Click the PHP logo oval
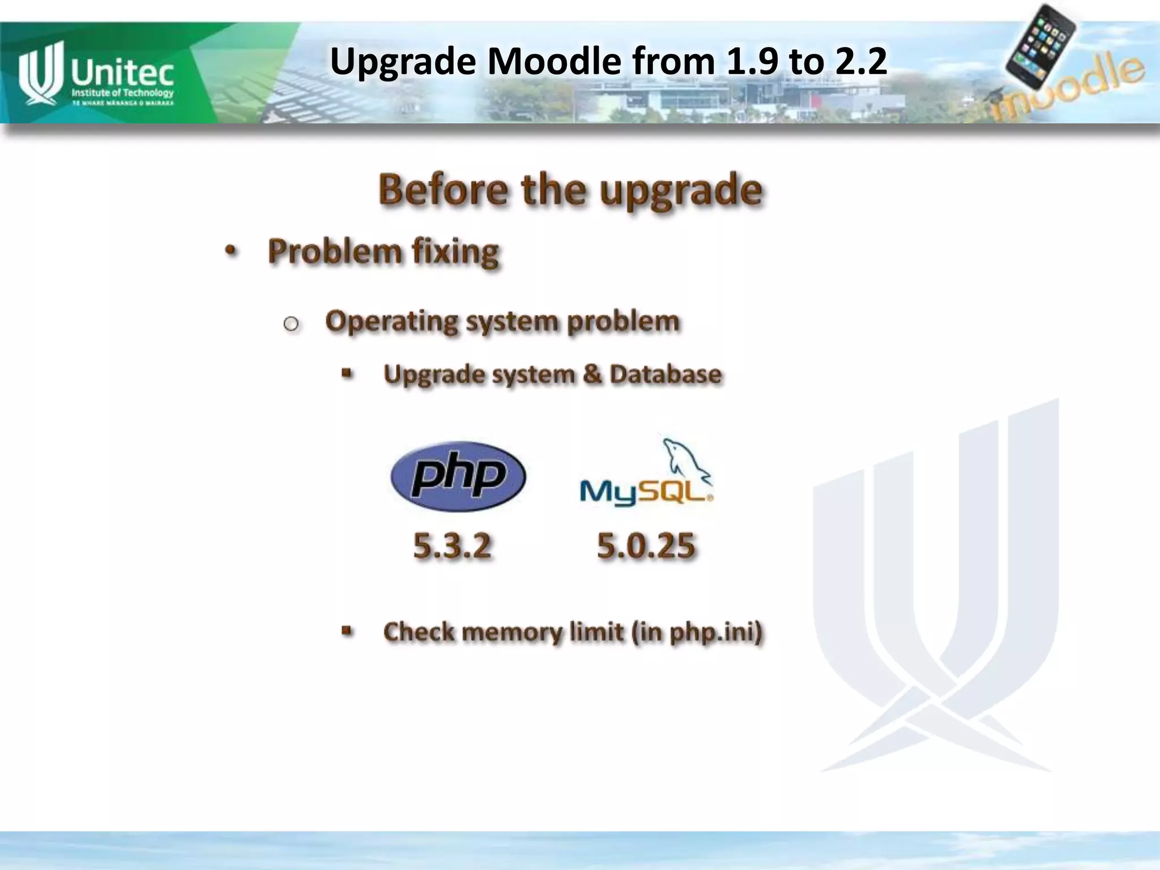pos(458,476)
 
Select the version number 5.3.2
pos(452,547)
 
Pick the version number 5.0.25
pos(646,547)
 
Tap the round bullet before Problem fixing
pos(230,251)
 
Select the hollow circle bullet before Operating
pos(291,324)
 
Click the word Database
pos(666,374)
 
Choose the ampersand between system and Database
pos(591,374)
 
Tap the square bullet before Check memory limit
pos(347,630)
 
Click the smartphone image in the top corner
pos(1041,45)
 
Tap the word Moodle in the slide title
pos(554,61)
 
